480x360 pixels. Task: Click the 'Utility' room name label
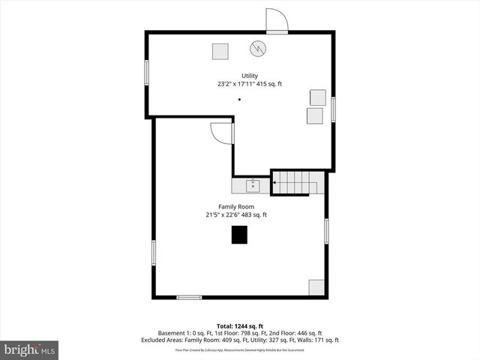pyautogui.click(x=250, y=76)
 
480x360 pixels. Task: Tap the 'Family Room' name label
pyautogui.click(x=236, y=206)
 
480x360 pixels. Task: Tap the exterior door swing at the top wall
pyautogui.click(x=277, y=20)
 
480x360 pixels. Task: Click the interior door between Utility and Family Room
pyautogui.click(x=223, y=132)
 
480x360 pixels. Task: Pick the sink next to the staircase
pyautogui.click(x=253, y=185)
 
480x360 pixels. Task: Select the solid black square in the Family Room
pyautogui.click(x=238, y=235)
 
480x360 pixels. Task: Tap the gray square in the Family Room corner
pyautogui.click(x=316, y=288)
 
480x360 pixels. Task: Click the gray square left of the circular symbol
pyautogui.click(x=220, y=51)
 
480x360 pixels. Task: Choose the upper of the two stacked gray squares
pyautogui.click(x=318, y=97)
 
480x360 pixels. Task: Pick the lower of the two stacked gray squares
pyautogui.click(x=314, y=115)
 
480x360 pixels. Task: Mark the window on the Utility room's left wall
pyautogui.click(x=147, y=73)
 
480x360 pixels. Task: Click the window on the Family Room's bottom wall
pyautogui.click(x=189, y=298)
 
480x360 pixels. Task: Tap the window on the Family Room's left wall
pyautogui.click(x=154, y=252)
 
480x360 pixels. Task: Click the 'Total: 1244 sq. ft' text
pyautogui.click(x=239, y=325)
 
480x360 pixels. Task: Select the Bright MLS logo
pyautogui.click(x=30, y=349)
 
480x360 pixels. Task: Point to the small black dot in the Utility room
pyautogui.click(x=240, y=100)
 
